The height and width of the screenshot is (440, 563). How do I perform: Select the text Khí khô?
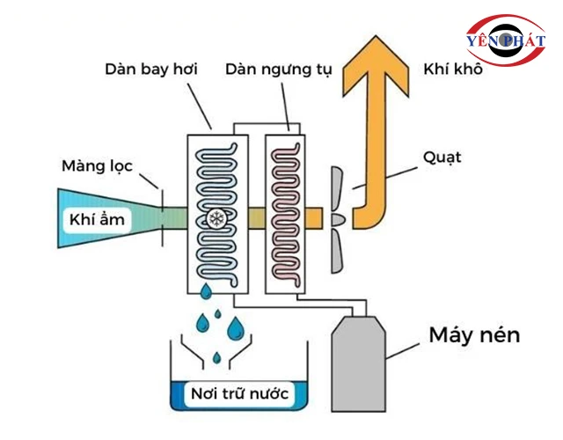[453, 70]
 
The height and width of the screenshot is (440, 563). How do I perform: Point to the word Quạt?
[441, 158]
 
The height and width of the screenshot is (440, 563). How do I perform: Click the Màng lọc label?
[98, 165]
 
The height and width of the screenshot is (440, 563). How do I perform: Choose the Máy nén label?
[474, 335]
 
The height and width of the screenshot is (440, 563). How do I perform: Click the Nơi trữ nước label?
[239, 392]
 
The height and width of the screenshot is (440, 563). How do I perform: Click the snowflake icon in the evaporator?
[214, 218]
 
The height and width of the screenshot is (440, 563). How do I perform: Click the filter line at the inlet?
[162, 208]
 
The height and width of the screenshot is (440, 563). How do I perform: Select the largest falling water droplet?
[235, 328]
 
